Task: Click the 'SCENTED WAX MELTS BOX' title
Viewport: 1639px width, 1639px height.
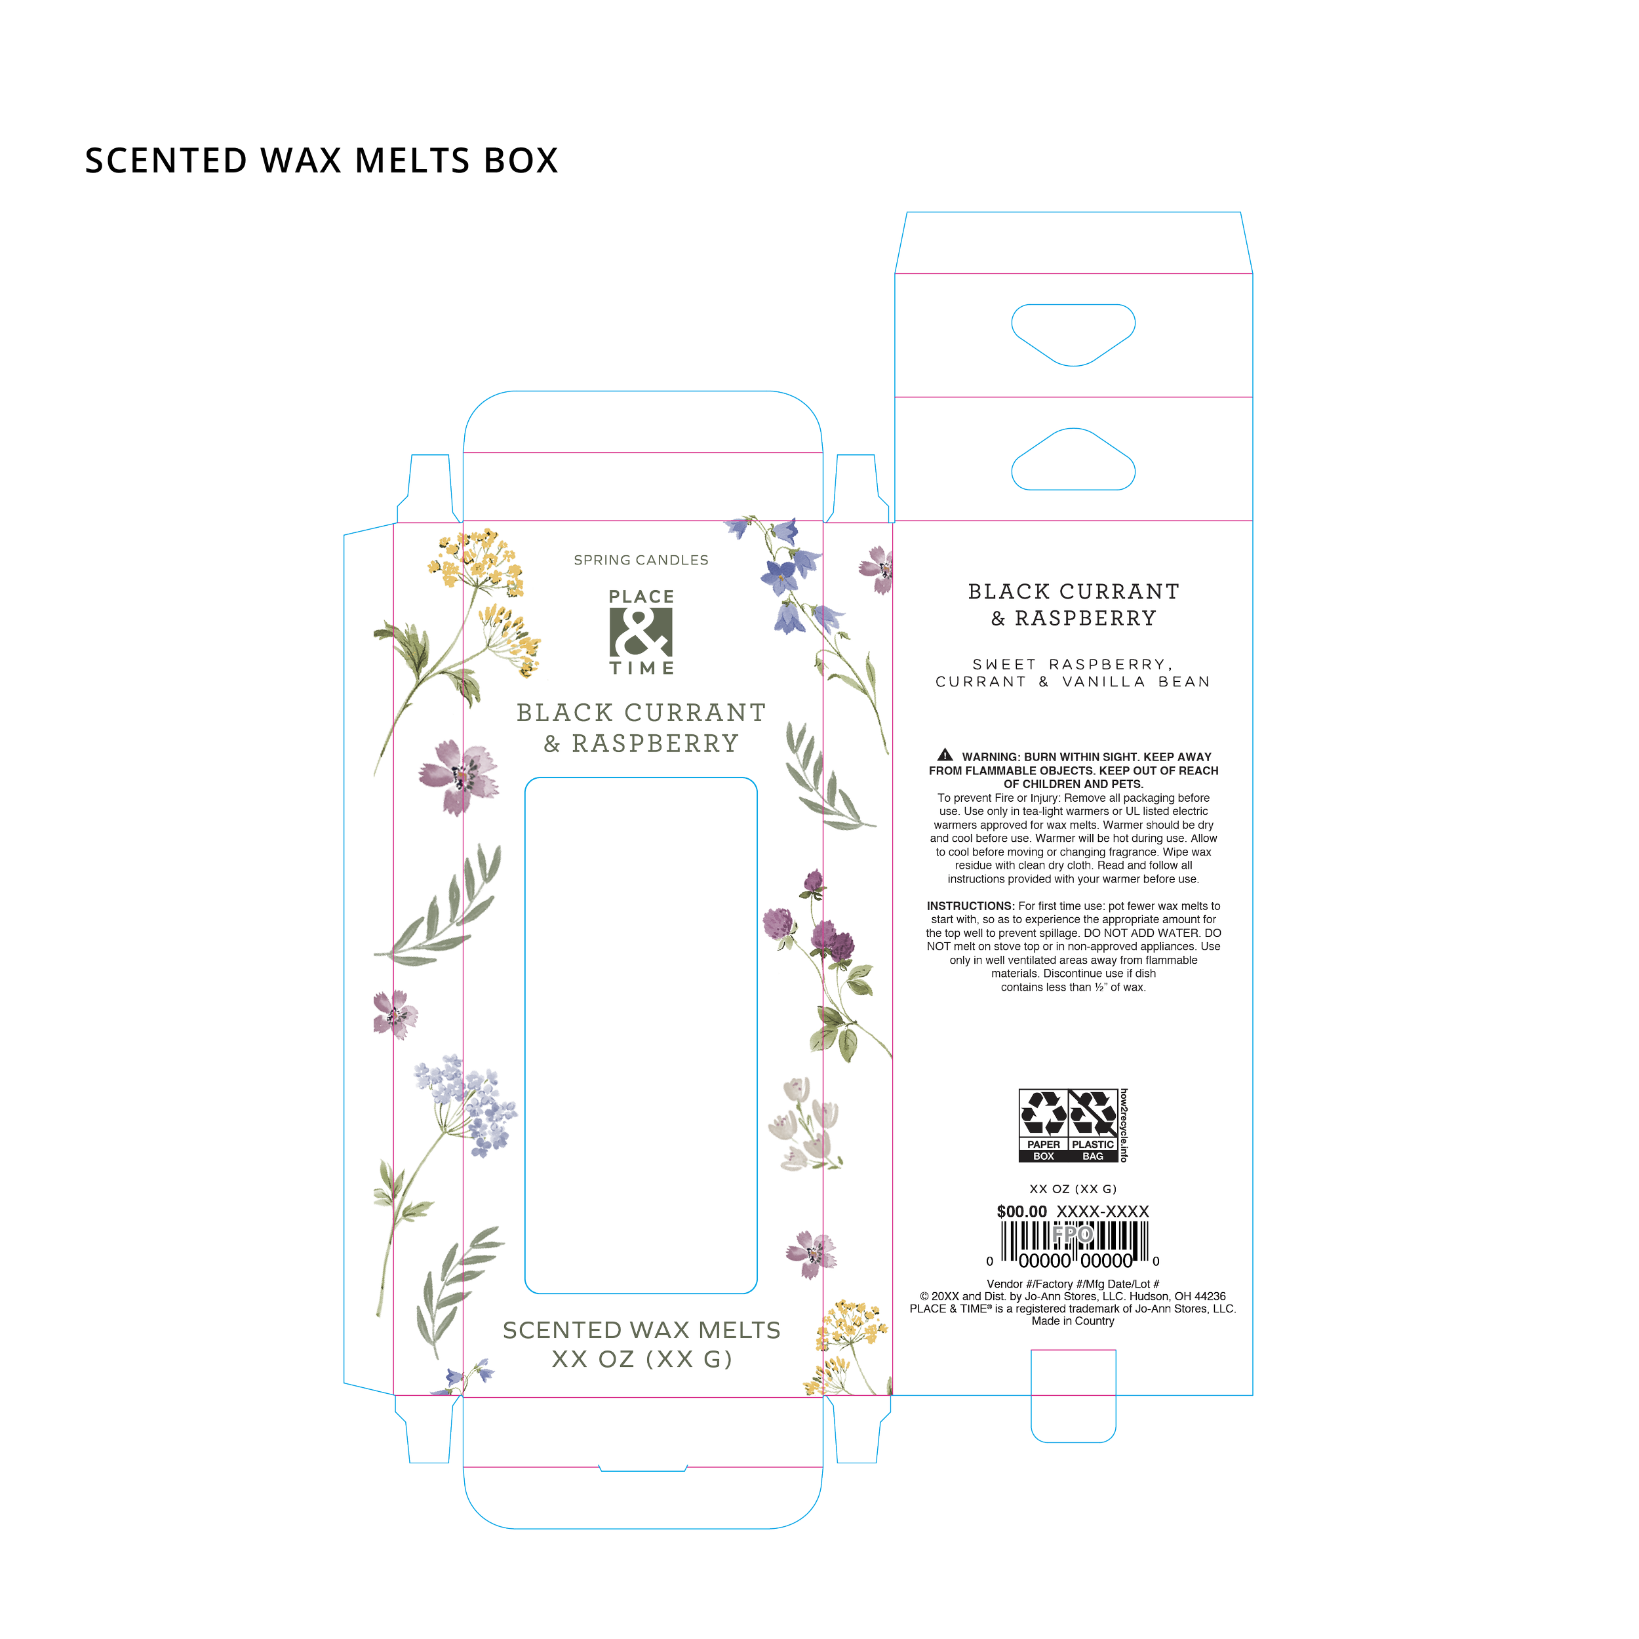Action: [x=321, y=161]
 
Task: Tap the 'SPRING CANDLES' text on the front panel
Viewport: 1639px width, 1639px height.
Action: [x=641, y=560]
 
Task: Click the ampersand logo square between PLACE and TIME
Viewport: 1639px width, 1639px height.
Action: [x=641, y=633]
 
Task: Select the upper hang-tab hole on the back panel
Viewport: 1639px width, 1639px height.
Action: [x=1073, y=334]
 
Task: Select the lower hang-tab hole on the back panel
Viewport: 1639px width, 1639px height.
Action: [x=1073, y=462]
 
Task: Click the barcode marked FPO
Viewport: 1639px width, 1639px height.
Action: [x=1073, y=1244]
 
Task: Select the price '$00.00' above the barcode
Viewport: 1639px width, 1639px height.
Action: [x=1021, y=1212]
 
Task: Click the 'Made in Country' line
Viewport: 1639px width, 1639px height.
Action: [x=1073, y=1321]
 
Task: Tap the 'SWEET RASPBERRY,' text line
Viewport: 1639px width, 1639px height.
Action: [x=1073, y=664]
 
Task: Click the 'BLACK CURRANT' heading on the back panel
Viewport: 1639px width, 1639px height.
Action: [x=1073, y=591]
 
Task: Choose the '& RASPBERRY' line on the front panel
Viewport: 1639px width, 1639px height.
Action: [x=641, y=743]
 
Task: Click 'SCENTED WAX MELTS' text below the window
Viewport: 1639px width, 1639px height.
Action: [x=641, y=1330]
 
